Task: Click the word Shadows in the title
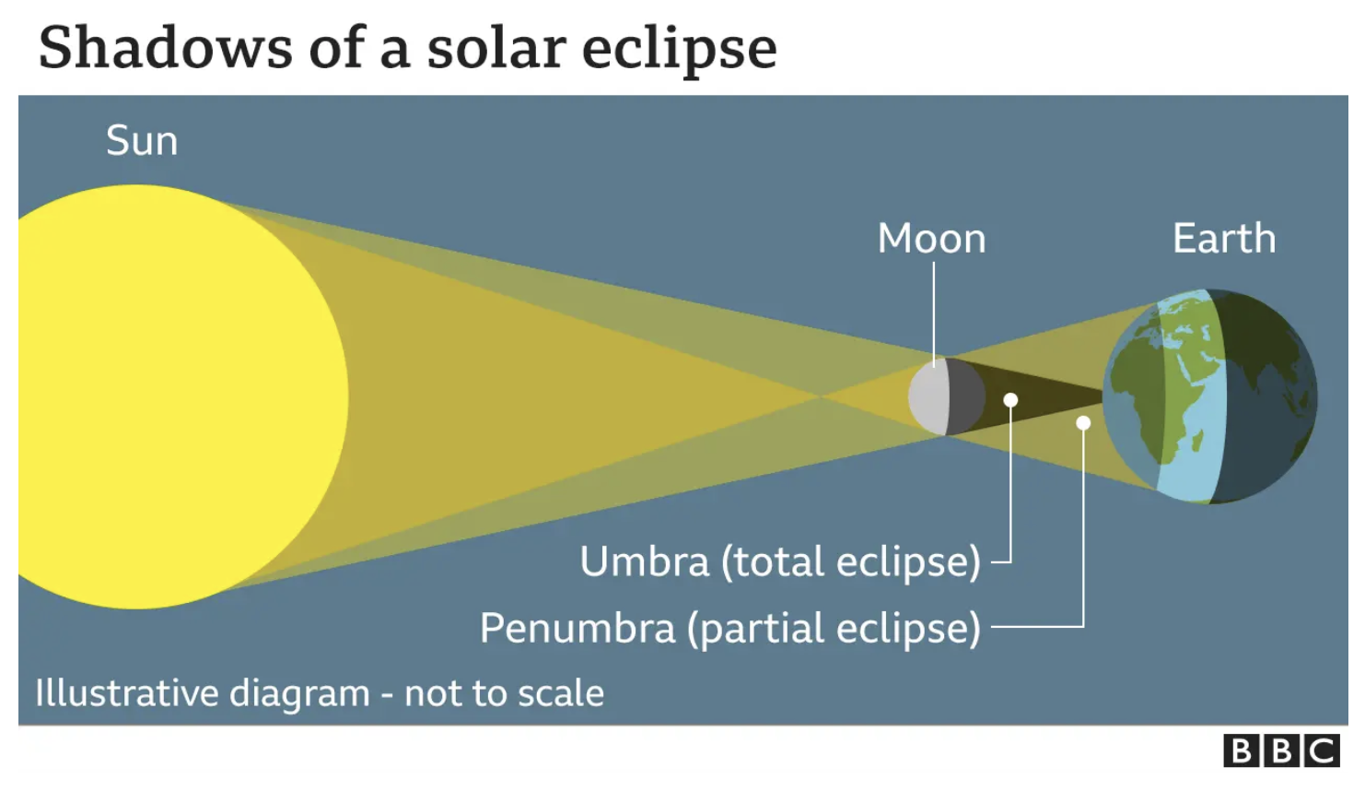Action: tap(165, 48)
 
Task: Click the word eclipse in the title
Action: tap(680, 52)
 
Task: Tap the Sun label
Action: tap(142, 141)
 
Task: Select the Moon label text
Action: tap(932, 238)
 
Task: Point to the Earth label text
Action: tap(1224, 238)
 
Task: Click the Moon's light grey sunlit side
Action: tap(928, 396)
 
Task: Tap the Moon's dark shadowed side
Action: tap(966, 396)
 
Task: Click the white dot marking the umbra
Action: tap(1010, 400)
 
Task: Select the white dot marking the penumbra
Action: tap(1083, 422)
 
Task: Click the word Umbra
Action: tap(645, 561)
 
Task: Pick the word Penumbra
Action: tap(577, 628)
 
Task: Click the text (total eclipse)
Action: tap(851, 561)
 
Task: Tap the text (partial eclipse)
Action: tap(834, 628)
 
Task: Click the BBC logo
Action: tap(1281, 750)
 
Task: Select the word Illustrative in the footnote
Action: tap(126, 693)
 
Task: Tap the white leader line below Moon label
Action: tap(934, 314)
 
